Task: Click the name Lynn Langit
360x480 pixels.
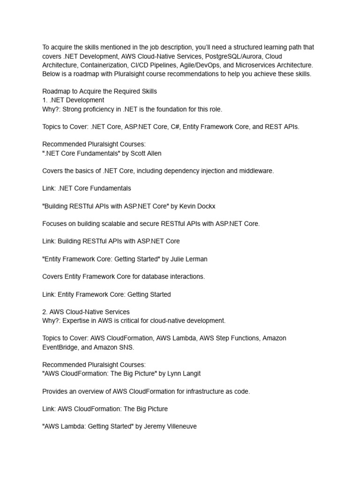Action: pyautogui.click(x=174, y=374)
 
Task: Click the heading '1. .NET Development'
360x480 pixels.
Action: pyautogui.click(x=73, y=100)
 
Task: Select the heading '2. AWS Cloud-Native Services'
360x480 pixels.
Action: pyautogui.click(x=86, y=312)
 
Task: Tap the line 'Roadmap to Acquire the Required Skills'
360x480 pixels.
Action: pyautogui.click(x=99, y=91)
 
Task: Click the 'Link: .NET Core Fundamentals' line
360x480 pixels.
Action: pyautogui.click(x=87, y=188)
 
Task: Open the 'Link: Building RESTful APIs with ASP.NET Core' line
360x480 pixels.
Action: pyautogui.click(x=111, y=241)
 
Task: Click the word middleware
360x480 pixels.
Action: pyautogui.click(x=256, y=171)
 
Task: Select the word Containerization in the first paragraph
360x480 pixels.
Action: pyautogui.click(x=107, y=65)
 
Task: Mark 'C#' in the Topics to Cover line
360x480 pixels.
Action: pyautogui.click(x=172, y=127)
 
